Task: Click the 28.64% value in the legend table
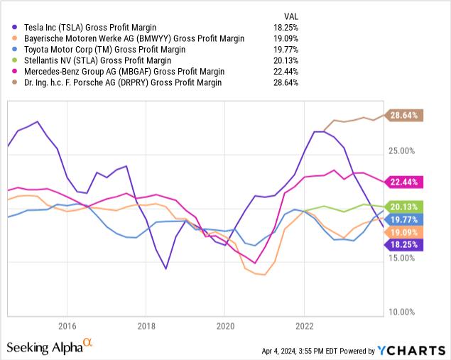click(x=287, y=82)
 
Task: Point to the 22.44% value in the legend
click(x=287, y=72)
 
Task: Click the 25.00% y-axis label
click(x=403, y=151)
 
